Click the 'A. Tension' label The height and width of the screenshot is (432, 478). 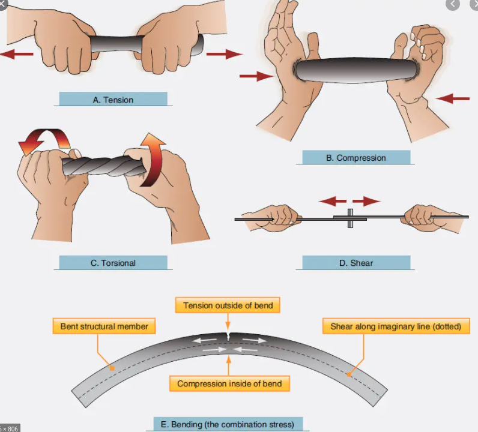113,99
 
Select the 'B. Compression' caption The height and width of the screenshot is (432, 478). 355,158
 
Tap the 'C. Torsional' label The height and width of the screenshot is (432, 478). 113,263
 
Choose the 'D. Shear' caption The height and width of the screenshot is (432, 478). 355,263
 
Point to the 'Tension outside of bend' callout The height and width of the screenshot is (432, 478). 228,305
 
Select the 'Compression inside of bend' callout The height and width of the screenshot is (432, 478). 229,383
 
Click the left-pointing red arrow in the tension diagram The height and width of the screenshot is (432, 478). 16,55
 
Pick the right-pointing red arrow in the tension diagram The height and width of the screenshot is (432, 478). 224,54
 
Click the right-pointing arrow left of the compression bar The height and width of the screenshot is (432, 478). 256,76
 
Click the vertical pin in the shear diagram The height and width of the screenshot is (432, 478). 350,218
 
